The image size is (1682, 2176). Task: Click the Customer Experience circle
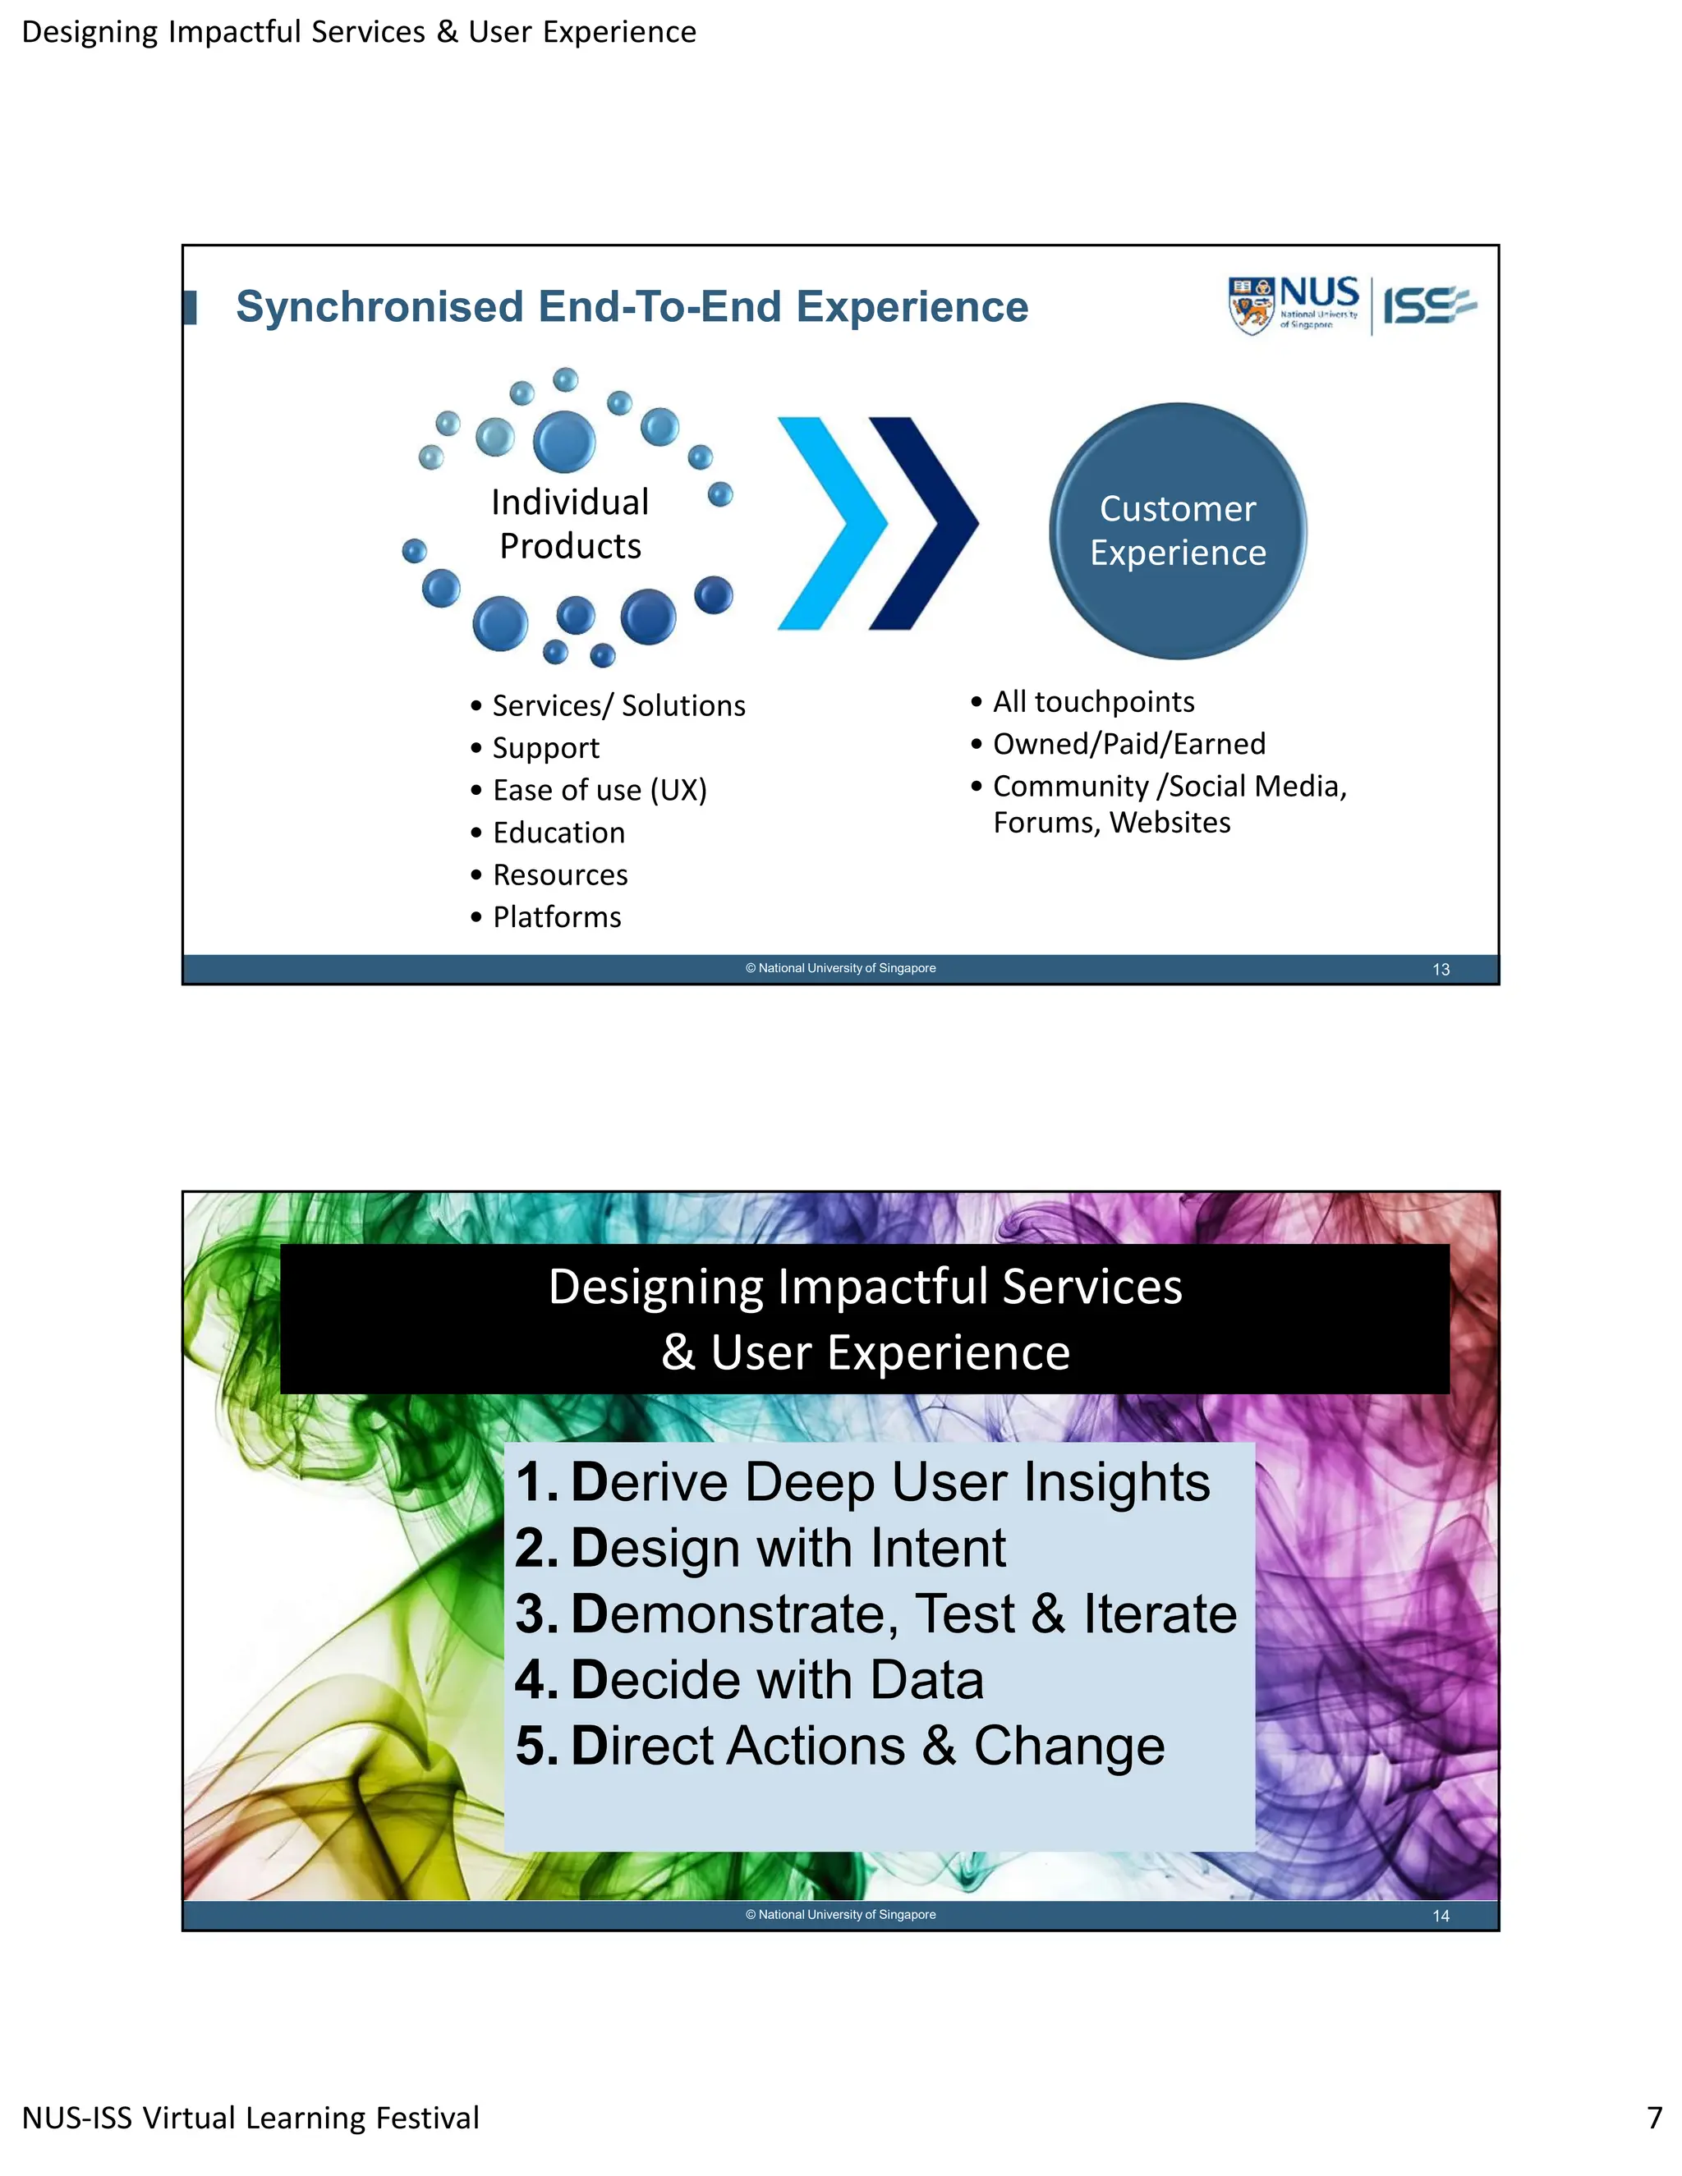[x=1177, y=531]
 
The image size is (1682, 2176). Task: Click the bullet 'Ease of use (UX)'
[x=599, y=790]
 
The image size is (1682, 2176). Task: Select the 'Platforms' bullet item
[x=556, y=916]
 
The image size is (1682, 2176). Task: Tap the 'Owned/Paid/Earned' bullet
[x=1129, y=743]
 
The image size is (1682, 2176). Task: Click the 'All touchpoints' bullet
[x=1093, y=701]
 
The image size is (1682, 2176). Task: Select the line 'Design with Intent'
[x=787, y=1549]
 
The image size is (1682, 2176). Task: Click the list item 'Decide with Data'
[x=776, y=1680]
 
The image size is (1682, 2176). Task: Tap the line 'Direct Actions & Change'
[x=867, y=1746]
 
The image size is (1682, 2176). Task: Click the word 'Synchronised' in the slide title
[x=379, y=307]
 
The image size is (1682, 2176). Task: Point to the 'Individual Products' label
[x=570, y=524]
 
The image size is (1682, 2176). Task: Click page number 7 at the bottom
[x=1654, y=2116]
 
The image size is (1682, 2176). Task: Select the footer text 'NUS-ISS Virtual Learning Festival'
[x=250, y=2117]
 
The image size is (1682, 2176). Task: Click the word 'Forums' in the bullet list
[x=1046, y=823]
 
